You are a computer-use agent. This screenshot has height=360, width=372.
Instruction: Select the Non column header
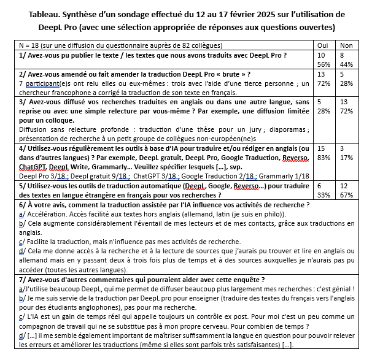[x=347, y=45]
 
